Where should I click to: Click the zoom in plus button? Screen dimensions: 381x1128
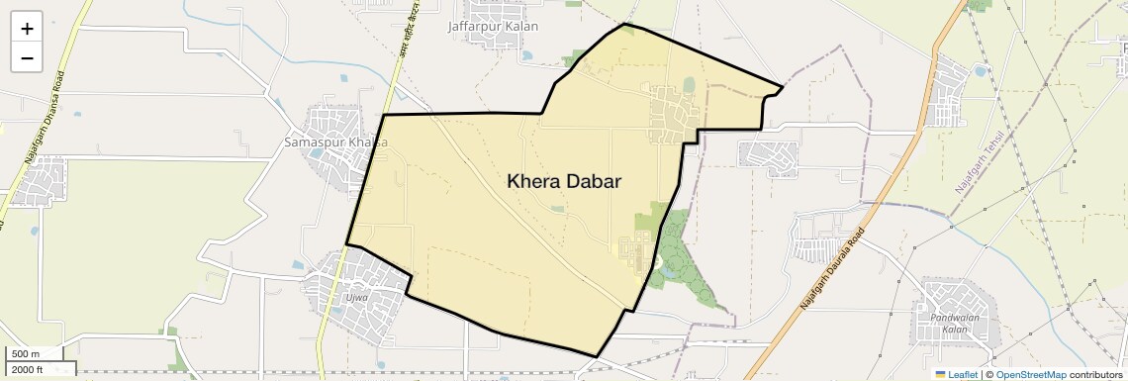click(27, 29)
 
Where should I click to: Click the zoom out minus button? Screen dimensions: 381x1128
click(27, 57)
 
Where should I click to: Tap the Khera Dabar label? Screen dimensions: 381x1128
click(564, 181)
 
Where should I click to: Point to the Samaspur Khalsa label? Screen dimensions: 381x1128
click(335, 143)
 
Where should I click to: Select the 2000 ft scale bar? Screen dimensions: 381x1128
click(39, 369)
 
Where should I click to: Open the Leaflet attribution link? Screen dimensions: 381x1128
click(957, 374)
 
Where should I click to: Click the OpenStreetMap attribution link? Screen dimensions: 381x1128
click(1030, 374)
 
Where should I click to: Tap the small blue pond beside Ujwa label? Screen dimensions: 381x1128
click(297, 266)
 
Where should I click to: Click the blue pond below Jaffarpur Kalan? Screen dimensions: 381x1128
click(526, 55)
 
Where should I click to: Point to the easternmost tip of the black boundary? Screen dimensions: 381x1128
click(783, 87)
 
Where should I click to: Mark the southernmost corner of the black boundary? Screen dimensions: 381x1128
click(597, 356)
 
